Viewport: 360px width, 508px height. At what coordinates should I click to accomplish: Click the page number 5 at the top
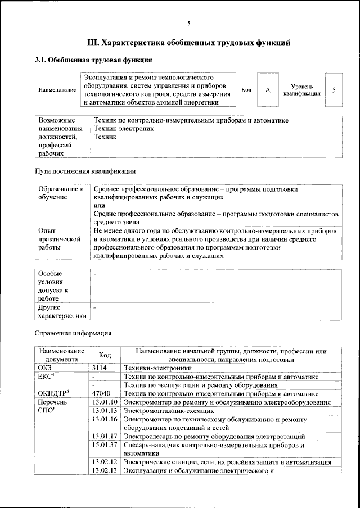[189, 23]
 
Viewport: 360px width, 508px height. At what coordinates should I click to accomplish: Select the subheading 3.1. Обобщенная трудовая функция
[93, 60]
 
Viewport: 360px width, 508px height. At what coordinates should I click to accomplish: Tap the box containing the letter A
[268, 90]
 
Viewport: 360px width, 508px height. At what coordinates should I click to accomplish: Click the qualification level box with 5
[334, 90]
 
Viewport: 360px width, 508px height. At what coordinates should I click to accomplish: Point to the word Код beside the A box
[246, 90]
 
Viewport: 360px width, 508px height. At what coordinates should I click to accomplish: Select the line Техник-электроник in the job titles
[122, 129]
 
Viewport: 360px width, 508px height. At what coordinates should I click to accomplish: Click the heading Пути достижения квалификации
[85, 170]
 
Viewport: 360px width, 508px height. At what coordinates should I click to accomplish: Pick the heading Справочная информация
[73, 333]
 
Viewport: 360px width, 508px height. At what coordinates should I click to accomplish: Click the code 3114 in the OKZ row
[100, 368]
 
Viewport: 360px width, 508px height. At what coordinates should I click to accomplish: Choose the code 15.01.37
[104, 445]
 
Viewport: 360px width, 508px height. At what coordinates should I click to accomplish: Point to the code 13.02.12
[104, 462]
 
